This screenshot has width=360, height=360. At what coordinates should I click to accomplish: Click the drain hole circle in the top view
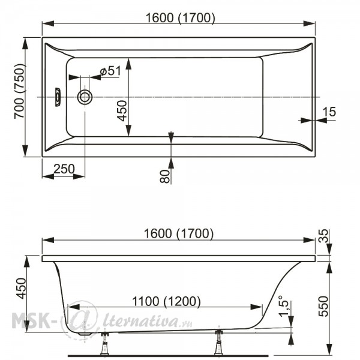click(85, 97)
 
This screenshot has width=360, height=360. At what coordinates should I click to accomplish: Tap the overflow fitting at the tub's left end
click(58, 97)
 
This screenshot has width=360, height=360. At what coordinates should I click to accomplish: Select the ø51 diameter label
click(110, 71)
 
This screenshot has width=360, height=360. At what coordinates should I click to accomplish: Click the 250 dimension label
click(64, 169)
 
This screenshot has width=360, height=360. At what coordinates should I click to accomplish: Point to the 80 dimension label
click(164, 176)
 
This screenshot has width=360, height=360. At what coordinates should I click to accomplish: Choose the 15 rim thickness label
click(329, 112)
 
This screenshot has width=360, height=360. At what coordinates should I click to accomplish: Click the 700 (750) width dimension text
click(20, 91)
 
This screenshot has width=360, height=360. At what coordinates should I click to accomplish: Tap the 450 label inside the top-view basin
click(122, 110)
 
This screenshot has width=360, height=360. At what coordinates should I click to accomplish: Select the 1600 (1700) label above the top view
click(181, 17)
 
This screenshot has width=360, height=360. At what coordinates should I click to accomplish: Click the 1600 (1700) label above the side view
click(179, 233)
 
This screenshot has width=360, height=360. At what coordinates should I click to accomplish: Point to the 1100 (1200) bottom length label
click(166, 301)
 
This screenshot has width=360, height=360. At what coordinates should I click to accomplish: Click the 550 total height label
click(323, 306)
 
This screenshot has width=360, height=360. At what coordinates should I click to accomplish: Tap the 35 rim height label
click(323, 236)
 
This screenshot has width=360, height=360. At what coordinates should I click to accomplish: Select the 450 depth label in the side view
click(21, 289)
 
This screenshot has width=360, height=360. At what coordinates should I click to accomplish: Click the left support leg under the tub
click(105, 343)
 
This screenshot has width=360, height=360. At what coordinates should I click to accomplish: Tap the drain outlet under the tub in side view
click(83, 334)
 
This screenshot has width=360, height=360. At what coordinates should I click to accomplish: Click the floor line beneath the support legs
click(168, 356)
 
